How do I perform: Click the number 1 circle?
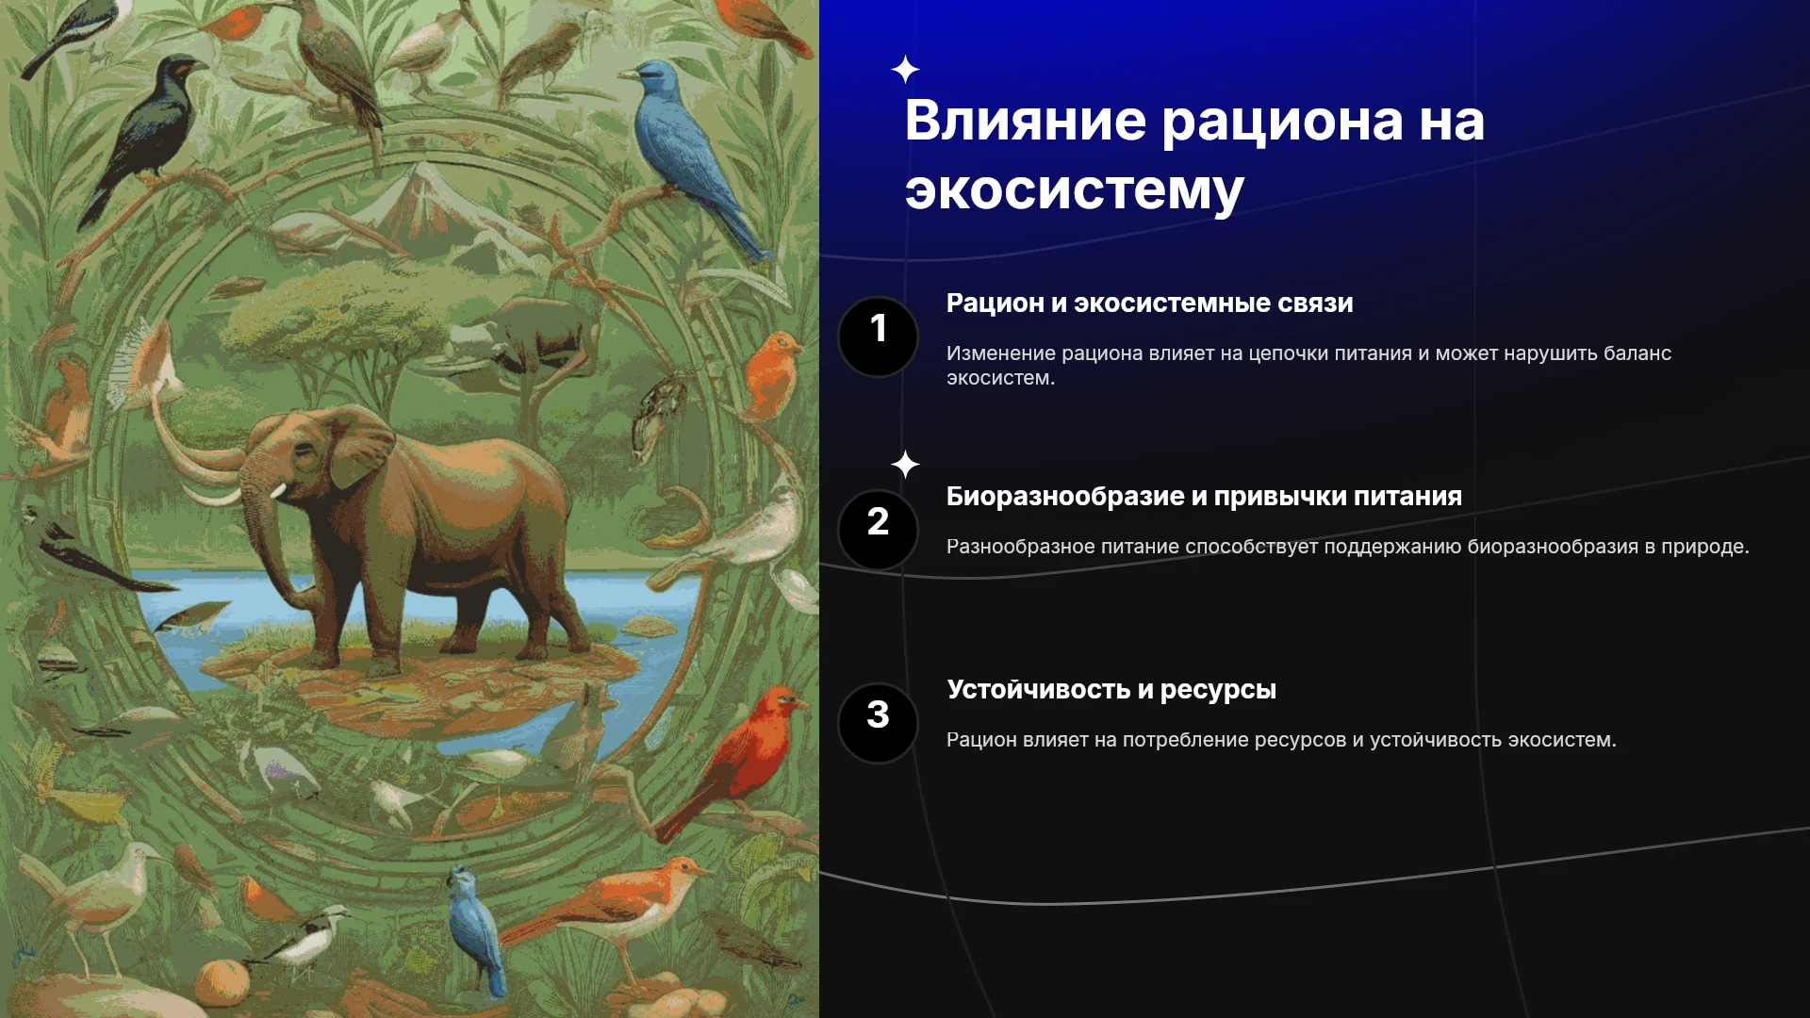[x=878, y=337]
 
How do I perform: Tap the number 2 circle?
[x=878, y=530]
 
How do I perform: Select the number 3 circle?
[x=878, y=723]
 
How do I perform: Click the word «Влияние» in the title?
[x=1026, y=121]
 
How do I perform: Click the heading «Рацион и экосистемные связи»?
[x=1149, y=304]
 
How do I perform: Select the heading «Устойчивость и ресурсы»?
[x=1111, y=690]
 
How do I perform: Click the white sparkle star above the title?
[x=905, y=70]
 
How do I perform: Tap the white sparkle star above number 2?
[x=905, y=464]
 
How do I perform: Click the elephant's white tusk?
[x=277, y=491]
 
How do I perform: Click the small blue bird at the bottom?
[x=477, y=929]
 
